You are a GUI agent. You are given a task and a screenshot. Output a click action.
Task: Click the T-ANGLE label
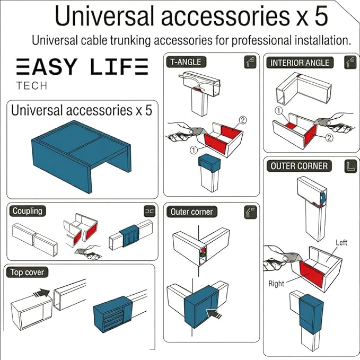point(186,62)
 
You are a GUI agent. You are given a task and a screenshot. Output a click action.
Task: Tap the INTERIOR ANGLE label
point(300,63)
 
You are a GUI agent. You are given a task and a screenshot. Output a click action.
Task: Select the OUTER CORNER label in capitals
point(299,166)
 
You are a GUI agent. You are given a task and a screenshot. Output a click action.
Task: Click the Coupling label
point(28,211)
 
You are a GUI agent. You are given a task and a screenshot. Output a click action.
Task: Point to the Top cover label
point(27,273)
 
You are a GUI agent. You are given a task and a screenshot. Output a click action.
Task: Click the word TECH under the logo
point(32,86)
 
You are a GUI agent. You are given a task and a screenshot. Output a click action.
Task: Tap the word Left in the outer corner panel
point(341,242)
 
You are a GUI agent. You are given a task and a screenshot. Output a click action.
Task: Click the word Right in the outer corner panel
point(276,284)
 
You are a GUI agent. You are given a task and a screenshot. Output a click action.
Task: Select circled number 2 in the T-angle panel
point(243,120)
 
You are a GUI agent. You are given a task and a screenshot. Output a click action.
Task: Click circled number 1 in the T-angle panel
point(194,150)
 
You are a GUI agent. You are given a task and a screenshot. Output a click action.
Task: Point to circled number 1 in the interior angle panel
point(278,111)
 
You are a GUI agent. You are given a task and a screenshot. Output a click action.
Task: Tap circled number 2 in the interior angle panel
point(329,137)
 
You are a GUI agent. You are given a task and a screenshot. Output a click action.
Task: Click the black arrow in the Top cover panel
point(41,293)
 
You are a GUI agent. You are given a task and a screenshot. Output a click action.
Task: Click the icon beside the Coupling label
point(150,212)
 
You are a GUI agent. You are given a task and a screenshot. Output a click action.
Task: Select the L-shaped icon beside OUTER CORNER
point(351,166)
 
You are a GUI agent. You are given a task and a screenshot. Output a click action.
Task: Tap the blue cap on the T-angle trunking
point(209,163)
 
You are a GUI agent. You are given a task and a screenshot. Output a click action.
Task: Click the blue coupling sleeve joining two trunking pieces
point(130,235)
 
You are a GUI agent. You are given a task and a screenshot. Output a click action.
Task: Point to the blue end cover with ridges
point(113,314)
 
